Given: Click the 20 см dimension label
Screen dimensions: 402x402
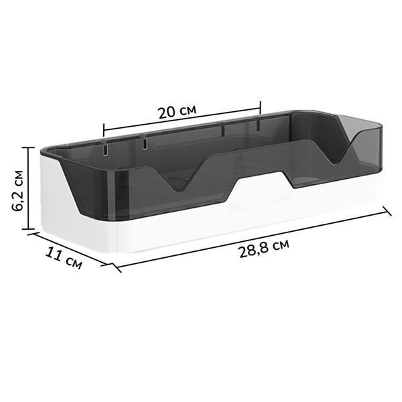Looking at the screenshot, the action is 178,112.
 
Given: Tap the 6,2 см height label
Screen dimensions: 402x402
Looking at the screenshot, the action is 18,190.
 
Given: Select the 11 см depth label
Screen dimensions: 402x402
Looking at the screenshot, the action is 64,259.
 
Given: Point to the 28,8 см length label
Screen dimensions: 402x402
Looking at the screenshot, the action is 265,248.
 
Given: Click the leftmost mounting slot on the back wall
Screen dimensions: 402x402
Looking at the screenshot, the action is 105,149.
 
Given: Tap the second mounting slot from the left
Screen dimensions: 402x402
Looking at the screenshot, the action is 145,143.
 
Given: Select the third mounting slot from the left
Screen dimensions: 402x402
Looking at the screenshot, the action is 223,130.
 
